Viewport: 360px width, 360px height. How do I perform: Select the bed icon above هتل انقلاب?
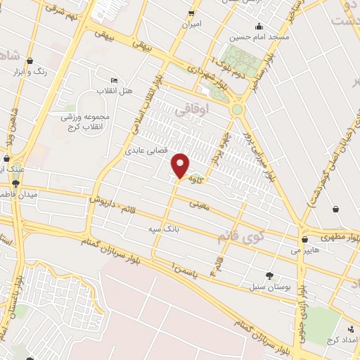click(115, 80)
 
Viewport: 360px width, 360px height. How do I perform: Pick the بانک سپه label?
click(160, 229)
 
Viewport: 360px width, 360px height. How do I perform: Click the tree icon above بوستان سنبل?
click(269, 276)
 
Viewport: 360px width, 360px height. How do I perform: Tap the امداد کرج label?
click(340, 340)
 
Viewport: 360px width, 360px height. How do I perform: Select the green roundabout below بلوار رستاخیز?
click(238, 110)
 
